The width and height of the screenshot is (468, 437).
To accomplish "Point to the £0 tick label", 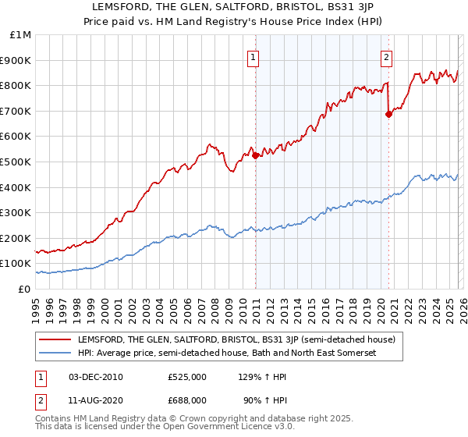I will pos(24,289).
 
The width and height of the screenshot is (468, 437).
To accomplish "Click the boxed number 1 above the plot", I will pos(254,56).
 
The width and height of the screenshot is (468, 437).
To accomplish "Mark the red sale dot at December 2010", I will pos(255,155).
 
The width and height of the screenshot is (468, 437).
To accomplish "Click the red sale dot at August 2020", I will pos(388,114).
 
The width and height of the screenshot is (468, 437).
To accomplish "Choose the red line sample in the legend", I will pos(55,339).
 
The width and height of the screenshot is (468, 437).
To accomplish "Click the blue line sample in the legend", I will pos(55,353).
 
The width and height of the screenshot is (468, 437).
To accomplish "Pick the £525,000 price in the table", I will pos(187,377).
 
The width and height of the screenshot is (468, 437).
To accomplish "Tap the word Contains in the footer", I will pos(55,420).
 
